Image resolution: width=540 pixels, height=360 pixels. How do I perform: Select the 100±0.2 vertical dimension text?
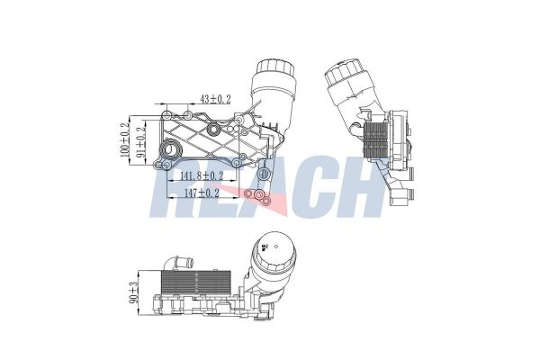[x=125, y=141]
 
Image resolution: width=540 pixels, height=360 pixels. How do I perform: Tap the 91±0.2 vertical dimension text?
[x=140, y=141]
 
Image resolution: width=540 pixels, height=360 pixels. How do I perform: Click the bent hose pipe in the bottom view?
[x=184, y=263]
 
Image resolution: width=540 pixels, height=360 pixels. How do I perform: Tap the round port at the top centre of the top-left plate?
[x=215, y=133]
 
